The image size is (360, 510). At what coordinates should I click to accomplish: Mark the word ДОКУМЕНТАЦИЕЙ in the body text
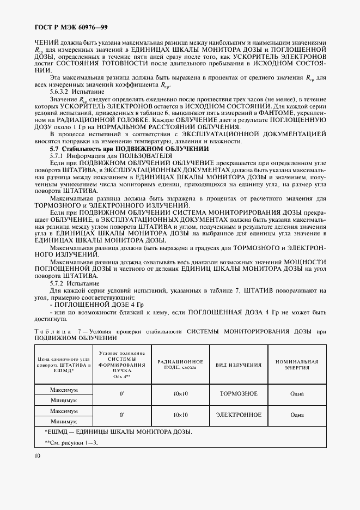point(292,135)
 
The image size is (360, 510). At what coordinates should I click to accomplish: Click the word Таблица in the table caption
point(53,332)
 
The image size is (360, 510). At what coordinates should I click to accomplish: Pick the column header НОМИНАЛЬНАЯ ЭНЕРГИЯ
point(297,365)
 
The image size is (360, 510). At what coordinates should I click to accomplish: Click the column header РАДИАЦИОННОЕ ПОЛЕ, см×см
point(180,365)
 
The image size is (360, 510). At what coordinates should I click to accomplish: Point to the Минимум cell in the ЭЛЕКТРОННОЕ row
point(64,421)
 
